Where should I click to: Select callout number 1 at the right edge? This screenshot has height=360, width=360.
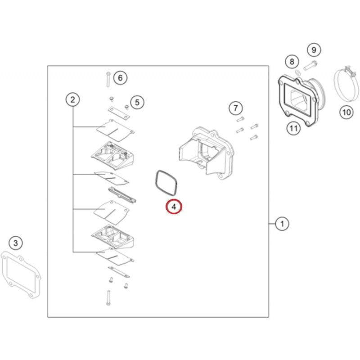pos(282,223)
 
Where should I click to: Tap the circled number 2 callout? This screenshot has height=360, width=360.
pos(72,99)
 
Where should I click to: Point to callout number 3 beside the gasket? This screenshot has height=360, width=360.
pos(16,243)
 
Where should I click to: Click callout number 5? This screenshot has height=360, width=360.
pos(137,102)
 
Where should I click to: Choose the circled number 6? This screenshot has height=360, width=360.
pos(120,78)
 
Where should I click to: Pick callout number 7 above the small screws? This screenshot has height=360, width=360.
pos(235,108)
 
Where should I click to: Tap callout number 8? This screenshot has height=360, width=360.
pos(292,61)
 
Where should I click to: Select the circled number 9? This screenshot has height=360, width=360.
pos(314,50)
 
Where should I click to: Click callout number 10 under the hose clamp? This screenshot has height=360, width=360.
pos(346,112)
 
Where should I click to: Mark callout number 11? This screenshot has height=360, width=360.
pos(293,129)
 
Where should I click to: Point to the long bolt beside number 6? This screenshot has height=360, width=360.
pos(108,80)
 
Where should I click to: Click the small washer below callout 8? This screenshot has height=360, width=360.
pos(297,72)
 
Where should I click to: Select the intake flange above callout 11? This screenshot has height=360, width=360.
pos(299,97)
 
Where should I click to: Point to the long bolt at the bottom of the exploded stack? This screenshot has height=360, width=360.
pos(108,297)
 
